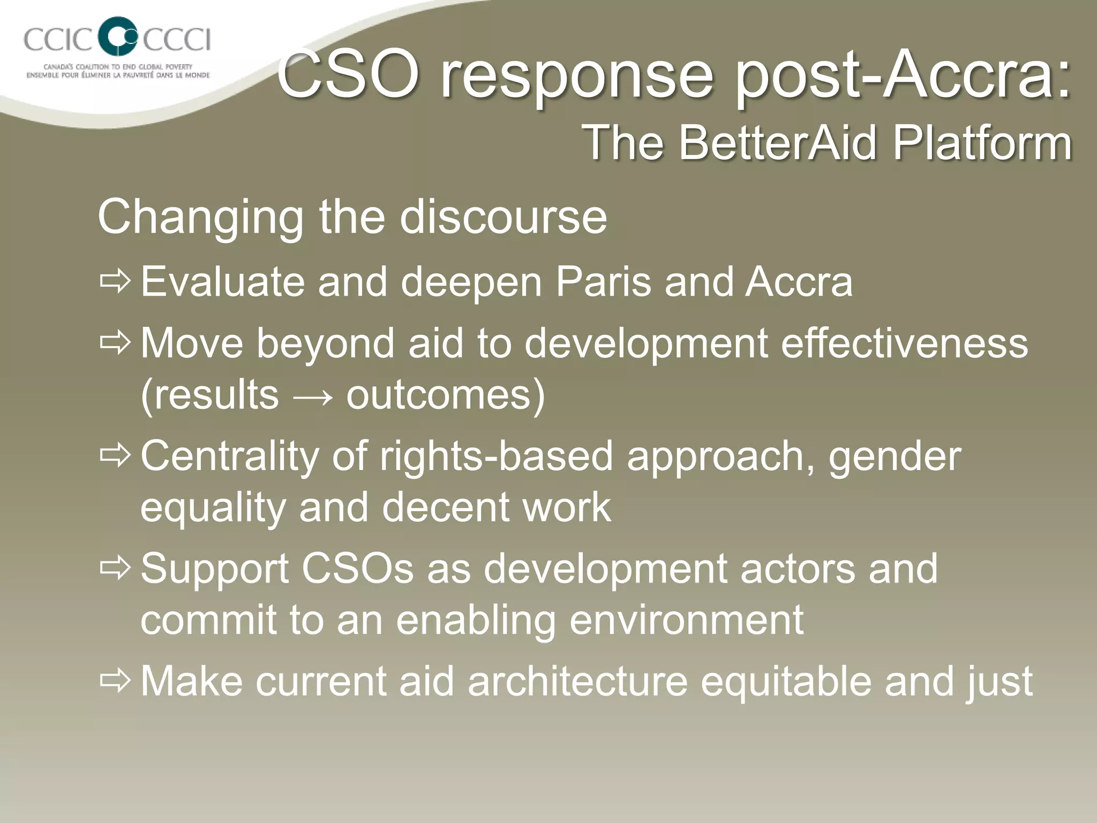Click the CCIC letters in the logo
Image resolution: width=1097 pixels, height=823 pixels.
57,40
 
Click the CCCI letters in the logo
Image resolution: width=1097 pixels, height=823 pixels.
176,40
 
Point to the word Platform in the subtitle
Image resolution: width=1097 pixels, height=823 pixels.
982,143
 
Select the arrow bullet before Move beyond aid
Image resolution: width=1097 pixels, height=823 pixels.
115,342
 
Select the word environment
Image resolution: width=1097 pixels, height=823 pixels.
686,620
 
